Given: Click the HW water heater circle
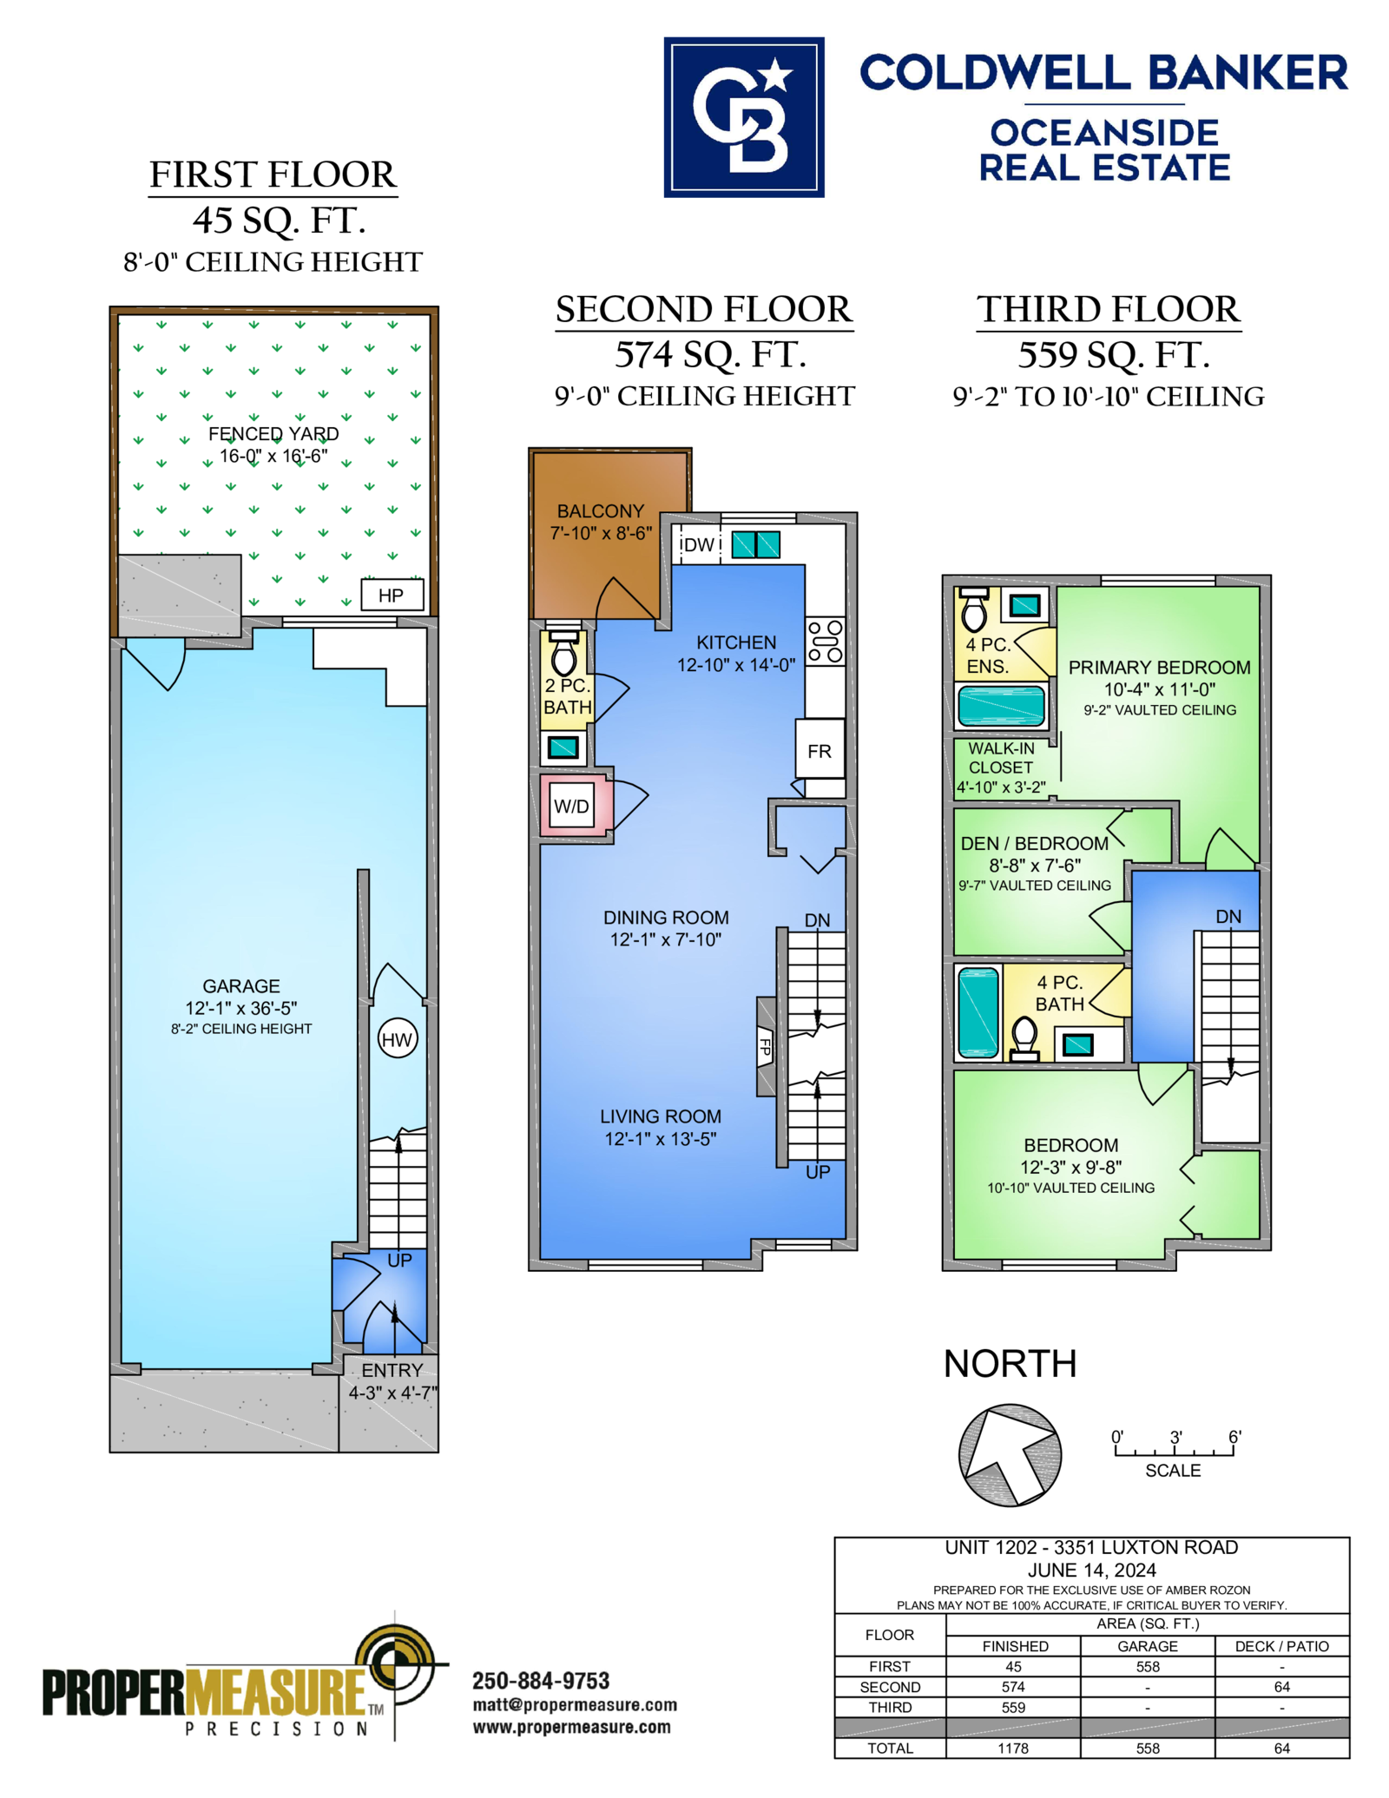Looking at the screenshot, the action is [398, 1038].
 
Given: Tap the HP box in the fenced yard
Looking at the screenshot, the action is [392, 595].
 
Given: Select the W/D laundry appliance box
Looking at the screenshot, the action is [572, 806].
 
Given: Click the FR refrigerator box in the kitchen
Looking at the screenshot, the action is [820, 749].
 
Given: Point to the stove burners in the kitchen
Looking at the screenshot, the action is [825, 642].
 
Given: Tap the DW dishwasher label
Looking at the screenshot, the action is [697, 544].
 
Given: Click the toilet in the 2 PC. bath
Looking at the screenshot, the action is [564, 653].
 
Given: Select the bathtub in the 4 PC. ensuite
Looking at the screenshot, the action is [1001, 705].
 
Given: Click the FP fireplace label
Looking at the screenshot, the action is [765, 1046].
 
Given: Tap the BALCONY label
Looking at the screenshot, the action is [601, 510].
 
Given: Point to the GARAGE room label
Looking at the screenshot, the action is [241, 985].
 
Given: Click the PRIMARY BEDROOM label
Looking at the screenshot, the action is [1159, 667].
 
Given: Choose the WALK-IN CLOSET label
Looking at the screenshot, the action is [1001, 757].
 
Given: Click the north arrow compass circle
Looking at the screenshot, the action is [1010, 1455].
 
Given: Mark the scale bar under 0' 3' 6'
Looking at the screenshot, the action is [1175, 1451].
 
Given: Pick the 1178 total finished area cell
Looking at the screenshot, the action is [1013, 1748].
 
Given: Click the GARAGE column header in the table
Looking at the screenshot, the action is [1148, 1645].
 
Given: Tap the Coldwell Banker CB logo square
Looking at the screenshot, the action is [744, 117].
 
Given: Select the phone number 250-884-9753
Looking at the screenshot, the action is [541, 1680].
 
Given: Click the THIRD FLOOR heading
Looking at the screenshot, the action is [1109, 309].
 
